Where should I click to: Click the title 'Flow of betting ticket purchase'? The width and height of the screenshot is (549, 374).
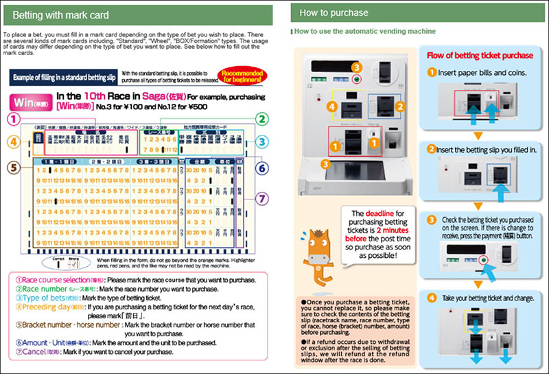pyautogui.click(x=480, y=56)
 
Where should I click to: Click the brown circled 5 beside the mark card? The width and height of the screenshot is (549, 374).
pyautogui.click(x=13, y=167)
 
